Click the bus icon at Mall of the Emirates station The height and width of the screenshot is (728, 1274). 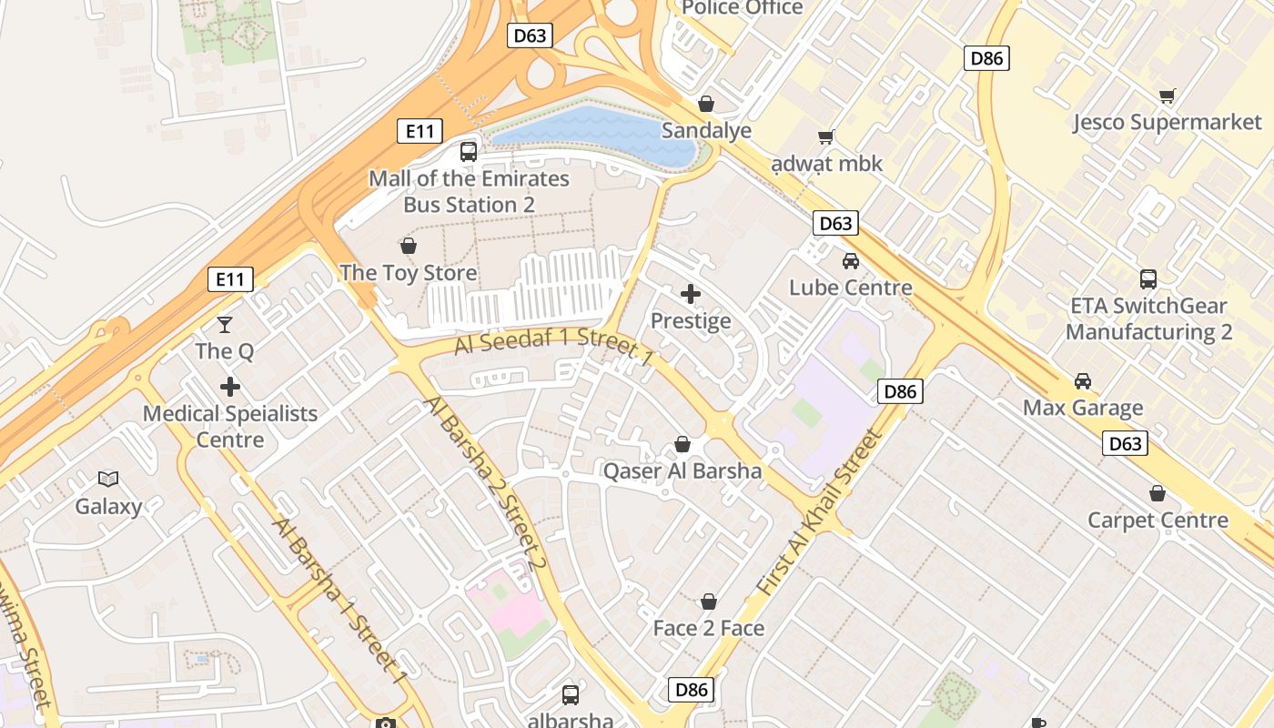pyautogui.click(x=469, y=152)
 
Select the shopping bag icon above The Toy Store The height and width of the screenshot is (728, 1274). pyautogui.click(x=409, y=246)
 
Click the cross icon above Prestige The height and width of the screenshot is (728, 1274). pyautogui.click(x=691, y=294)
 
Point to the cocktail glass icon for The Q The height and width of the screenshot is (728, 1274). pyautogui.click(x=225, y=324)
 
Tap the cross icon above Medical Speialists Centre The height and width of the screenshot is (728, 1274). pyautogui.click(x=230, y=387)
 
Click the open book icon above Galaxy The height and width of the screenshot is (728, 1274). pyautogui.click(x=108, y=479)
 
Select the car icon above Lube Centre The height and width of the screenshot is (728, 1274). pyautogui.click(x=851, y=261)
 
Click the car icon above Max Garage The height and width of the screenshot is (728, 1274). pyautogui.click(x=1083, y=380)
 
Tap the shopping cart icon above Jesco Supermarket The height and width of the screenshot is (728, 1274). pyautogui.click(x=1168, y=96)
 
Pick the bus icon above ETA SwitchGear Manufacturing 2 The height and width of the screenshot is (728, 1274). pyautogui.click(x=1148, y=279)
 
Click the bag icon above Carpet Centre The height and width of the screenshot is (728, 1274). pyautogui.click(x=1158, y=493)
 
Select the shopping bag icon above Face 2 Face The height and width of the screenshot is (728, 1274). pyautogui.click(x=709, y=602)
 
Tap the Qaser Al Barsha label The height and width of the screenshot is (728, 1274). pyautogui.click(x=682, y=471)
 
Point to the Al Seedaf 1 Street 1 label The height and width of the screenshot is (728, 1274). pyautogui.click(x=554, y=347)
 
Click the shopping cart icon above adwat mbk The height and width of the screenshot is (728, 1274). pyautogui.click(x=826, y=137)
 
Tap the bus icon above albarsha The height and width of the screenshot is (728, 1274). pyautogui.click(x=571, y=694)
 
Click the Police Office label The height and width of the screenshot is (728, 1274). pyautogui.click(x=742, y=8)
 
